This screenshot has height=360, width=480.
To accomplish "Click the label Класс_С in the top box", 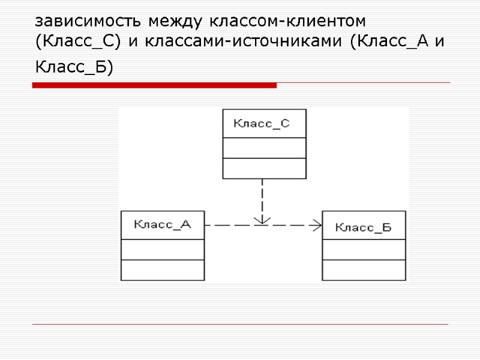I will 261,124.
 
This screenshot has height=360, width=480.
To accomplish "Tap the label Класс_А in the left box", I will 162,225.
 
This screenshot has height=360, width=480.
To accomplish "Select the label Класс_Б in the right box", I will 363,227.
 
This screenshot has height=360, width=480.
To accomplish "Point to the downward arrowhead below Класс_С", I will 262,220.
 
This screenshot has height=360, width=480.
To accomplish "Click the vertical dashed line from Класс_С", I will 262,195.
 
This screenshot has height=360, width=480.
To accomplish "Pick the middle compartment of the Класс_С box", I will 264,148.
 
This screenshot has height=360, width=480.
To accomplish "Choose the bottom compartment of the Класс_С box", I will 264,168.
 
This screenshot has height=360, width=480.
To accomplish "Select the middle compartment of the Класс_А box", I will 163,250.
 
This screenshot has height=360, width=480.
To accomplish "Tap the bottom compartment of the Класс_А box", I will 163,270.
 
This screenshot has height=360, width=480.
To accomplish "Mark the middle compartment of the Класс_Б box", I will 364,250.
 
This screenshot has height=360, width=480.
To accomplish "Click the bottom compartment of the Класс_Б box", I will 364,269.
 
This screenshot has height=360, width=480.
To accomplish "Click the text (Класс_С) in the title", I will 74,43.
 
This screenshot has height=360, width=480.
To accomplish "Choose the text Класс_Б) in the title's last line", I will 74,68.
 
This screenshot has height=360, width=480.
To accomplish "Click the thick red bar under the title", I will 154,86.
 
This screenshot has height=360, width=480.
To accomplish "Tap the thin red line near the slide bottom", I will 240,325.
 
